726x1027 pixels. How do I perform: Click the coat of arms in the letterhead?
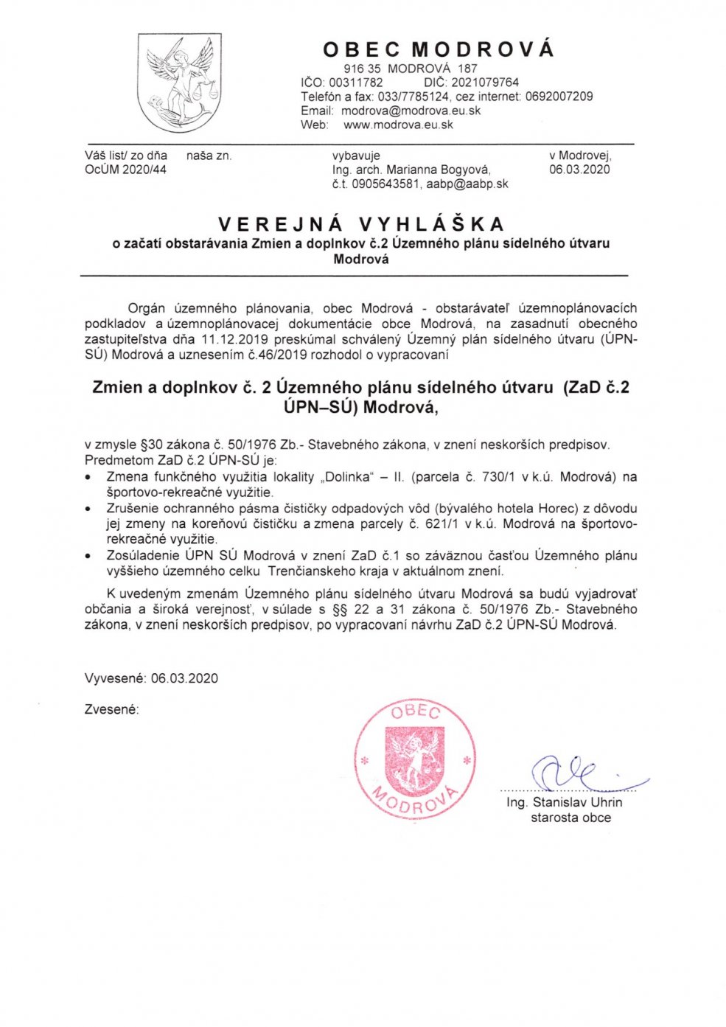(180, 83)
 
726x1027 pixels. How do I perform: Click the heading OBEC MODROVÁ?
(438, 49)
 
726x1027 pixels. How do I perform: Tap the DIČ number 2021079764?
(485, 83)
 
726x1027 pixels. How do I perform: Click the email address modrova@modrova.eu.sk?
(411, 111)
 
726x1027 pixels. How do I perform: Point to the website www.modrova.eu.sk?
(398, 125)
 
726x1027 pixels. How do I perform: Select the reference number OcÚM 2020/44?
(125, 170)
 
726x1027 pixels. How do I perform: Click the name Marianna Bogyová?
(438, 170)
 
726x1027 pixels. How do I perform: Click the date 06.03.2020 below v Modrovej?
(579, 170)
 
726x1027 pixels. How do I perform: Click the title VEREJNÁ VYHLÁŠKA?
(361, 224)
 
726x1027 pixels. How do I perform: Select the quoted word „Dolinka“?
(348, 477)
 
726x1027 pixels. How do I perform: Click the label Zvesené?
(111, 709)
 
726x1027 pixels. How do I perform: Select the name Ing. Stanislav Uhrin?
(564, 802)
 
